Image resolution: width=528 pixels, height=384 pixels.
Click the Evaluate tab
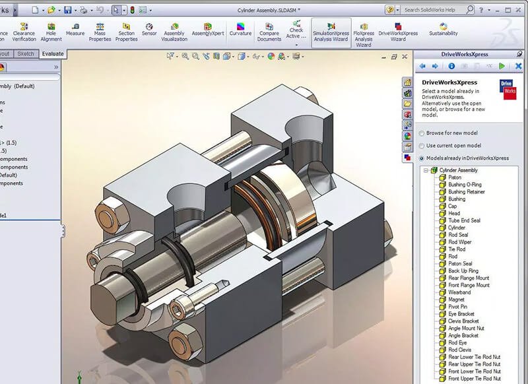point(52,54)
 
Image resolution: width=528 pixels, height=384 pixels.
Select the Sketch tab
point(26,54)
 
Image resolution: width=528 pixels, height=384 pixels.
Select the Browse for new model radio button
point(421,133)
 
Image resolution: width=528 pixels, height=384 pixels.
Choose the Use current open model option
point(421,145)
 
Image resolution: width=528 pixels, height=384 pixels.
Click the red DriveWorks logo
point(509,89)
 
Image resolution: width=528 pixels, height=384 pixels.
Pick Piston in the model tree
point(455,177)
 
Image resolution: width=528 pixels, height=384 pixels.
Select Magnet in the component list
point(456,300)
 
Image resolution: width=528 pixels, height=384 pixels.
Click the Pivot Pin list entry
point(458,307)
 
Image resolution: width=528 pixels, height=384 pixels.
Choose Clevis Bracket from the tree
point(463,321)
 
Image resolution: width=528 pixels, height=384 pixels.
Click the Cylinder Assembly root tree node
point(463,170)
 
